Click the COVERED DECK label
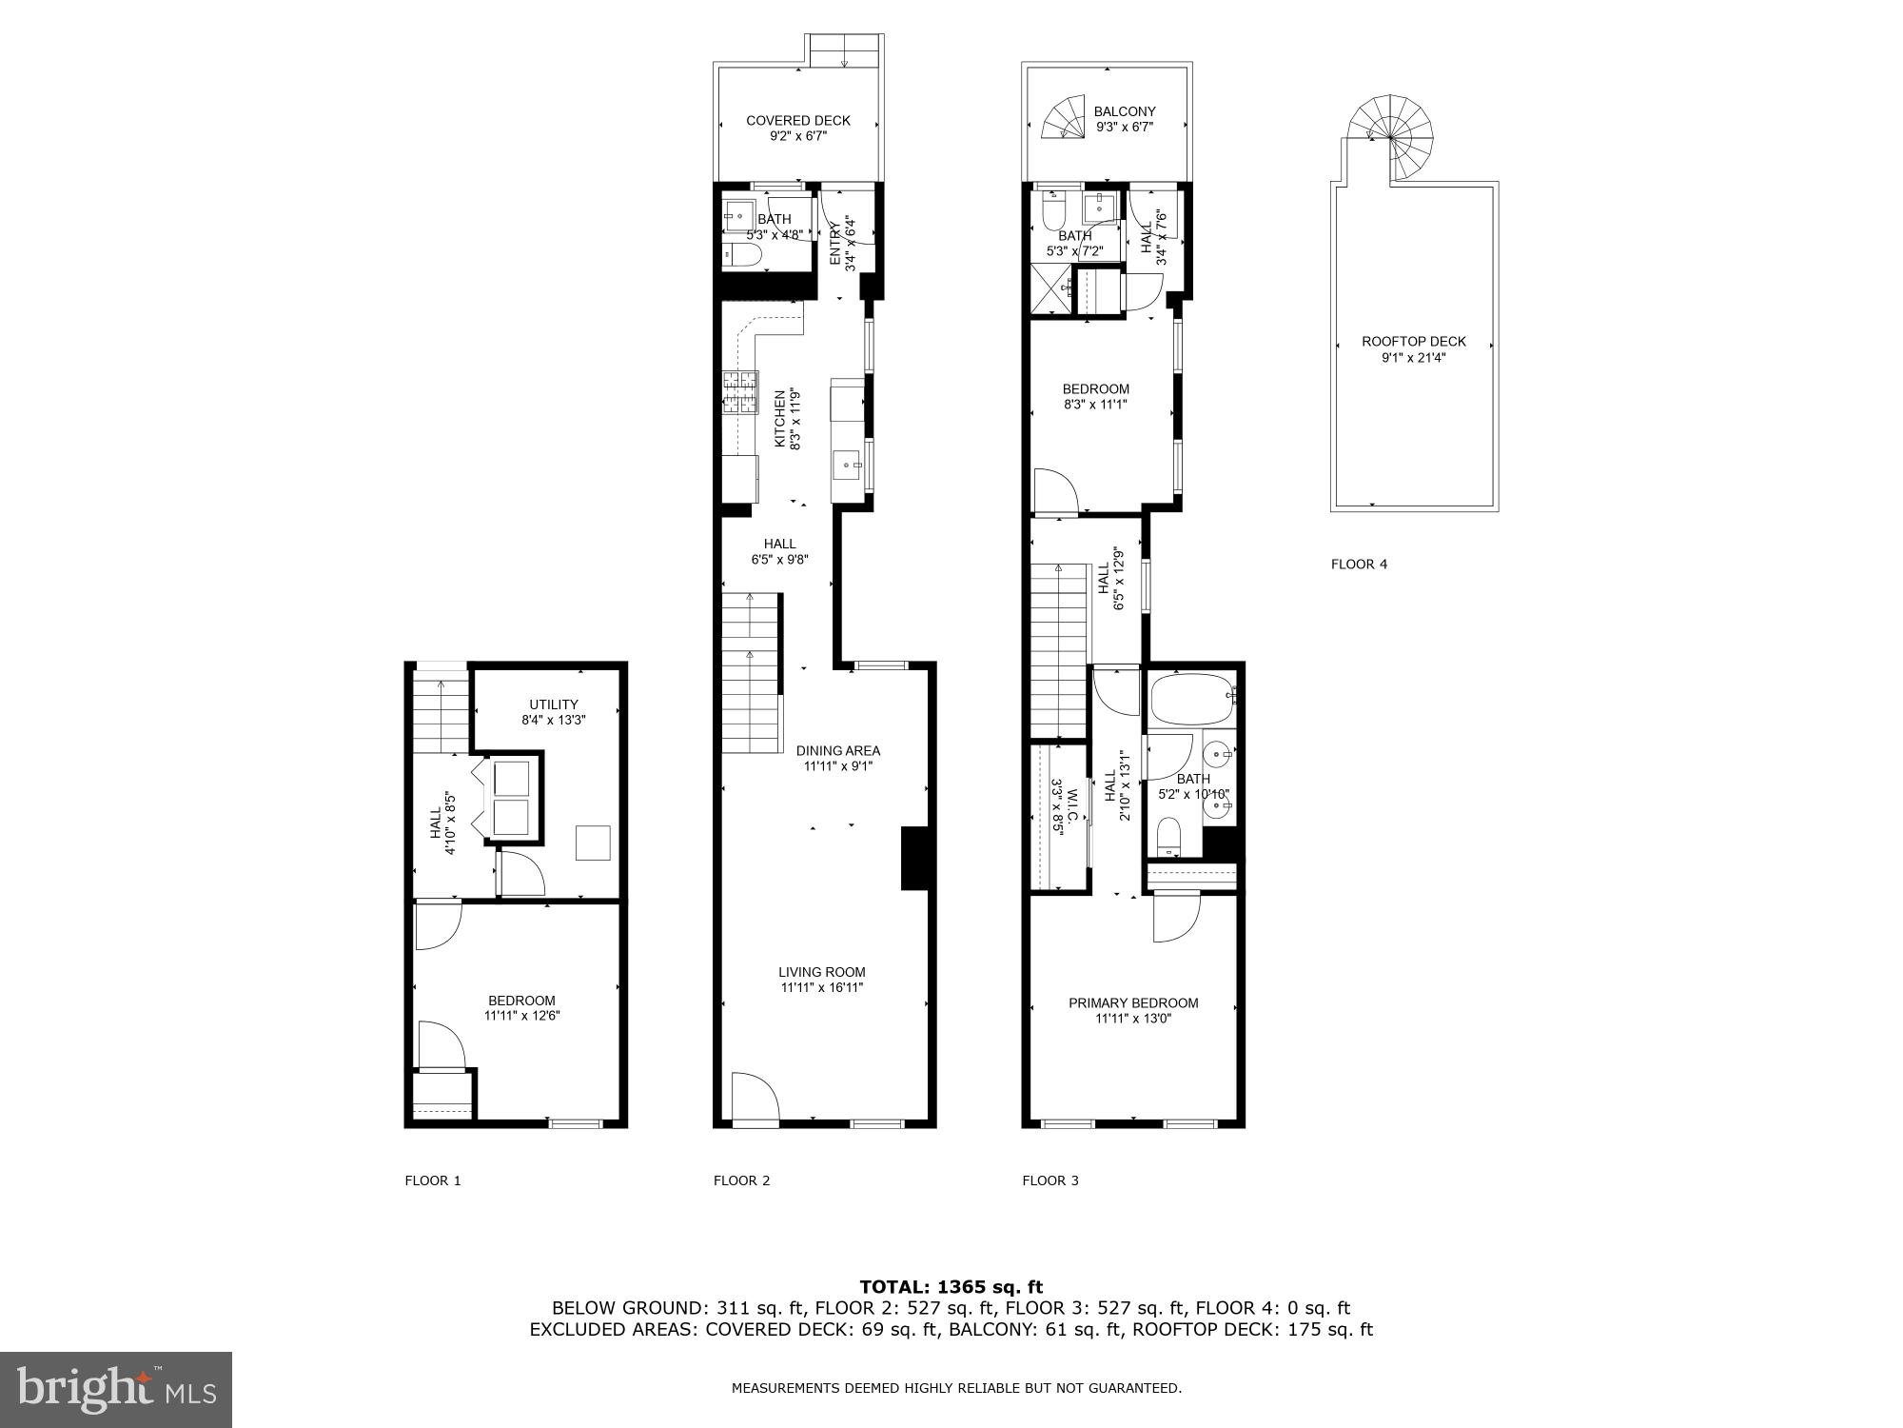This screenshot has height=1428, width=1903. coord(797,121)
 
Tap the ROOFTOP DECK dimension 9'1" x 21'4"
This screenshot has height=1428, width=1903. coord(1413,358)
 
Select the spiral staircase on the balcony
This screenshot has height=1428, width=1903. coord(1064,117)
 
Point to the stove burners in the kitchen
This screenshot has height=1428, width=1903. coord(740,394)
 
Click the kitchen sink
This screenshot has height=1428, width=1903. coord(848,466)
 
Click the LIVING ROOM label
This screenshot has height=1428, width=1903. coord(821,972)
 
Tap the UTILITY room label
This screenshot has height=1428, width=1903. coord(553,704)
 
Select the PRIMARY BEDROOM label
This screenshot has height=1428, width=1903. coord(1132,1002)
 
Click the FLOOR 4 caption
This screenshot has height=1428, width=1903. coord(1358,564)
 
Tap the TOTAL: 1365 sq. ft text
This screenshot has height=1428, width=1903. coord(951,1287)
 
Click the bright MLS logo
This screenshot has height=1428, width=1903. coord(116,1389)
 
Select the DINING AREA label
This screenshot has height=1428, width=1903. coord(837,750)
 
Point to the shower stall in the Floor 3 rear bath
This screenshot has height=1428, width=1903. coord(1051,289)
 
